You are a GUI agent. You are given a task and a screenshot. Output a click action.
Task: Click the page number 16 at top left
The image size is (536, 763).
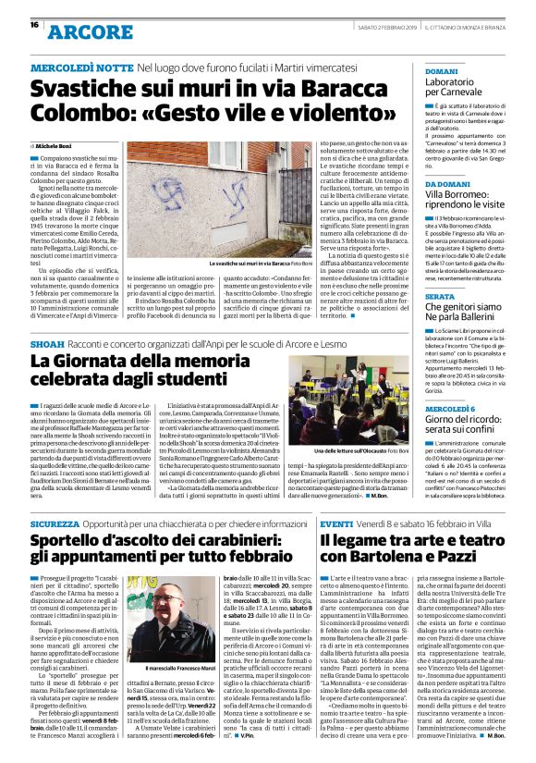click(34, 25)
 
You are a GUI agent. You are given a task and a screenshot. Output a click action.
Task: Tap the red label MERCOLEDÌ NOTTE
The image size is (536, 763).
click(81, 69)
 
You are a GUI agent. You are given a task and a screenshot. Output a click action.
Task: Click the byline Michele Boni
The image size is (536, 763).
click(57, 146)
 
